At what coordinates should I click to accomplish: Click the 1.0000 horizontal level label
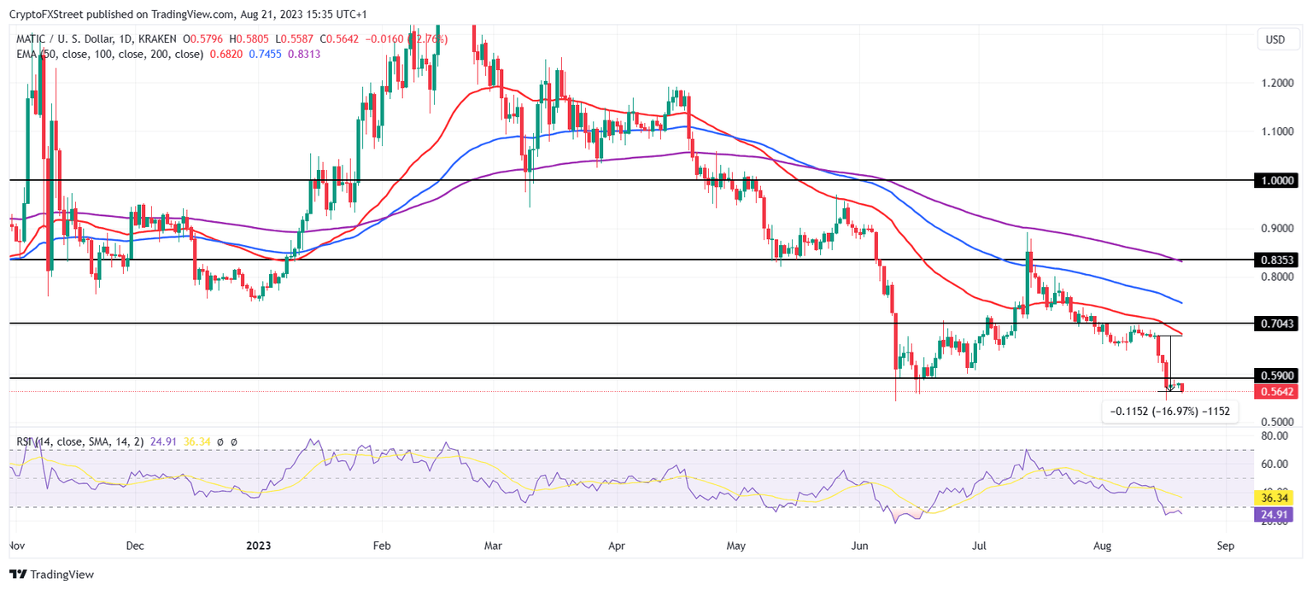click(1277, 180)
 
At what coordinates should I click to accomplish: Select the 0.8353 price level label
click(1277, 260)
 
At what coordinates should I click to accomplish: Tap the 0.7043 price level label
click(1277, 324)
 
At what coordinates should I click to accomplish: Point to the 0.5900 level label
click(1277, 376)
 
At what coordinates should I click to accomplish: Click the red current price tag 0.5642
click(1277, 392)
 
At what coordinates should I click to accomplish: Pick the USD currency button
click(1275, 39)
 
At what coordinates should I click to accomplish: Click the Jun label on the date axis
click(860, 544)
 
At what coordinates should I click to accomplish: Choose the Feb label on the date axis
click(382, 544)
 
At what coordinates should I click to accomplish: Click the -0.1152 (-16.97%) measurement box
click(1169, 412)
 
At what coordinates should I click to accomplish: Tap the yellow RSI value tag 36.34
click(1277, 497)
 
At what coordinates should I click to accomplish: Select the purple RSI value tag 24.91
click(1277, 514)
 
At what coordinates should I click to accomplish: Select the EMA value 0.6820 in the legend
click(225, 54)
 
